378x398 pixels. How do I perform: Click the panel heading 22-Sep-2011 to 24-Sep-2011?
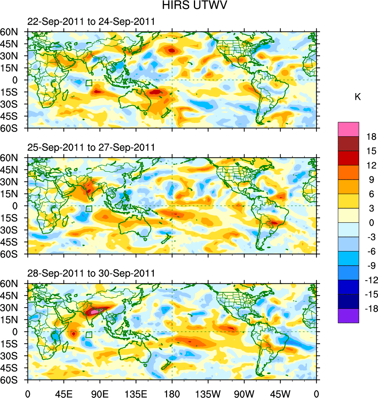(91, 22)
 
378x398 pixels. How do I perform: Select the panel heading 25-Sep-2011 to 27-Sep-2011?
(91, 148)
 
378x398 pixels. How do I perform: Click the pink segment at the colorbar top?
(348, 129)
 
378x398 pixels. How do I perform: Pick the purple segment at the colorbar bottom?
(348, 316)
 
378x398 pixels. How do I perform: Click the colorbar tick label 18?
(371, 137)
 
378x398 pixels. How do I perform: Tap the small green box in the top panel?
(89, 83)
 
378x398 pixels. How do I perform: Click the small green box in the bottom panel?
(89, 335)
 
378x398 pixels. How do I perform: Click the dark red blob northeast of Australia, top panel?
(156, 92)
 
